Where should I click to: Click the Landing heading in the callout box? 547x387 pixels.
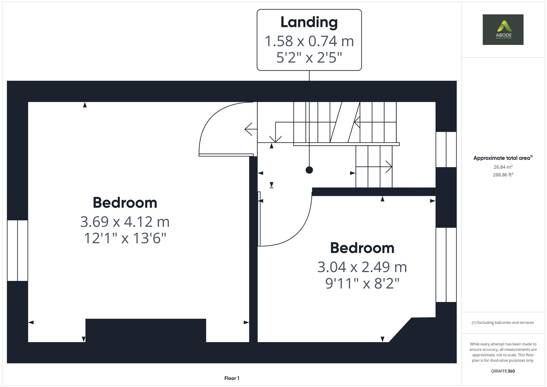309,22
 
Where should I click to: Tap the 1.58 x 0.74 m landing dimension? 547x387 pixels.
309,41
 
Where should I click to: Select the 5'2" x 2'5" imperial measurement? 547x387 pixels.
309,58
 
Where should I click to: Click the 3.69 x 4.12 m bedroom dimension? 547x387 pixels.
125,221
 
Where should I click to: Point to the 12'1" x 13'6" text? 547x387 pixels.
125,238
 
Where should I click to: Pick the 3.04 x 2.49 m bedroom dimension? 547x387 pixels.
362,267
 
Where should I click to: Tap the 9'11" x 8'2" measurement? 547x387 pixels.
362,283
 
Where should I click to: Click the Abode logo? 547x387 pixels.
503,29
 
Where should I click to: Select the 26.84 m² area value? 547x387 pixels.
503,167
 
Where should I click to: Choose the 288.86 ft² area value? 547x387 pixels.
503,175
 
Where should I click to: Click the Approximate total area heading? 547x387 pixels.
503,158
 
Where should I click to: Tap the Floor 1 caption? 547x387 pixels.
232,378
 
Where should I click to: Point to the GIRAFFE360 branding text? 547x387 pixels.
503,371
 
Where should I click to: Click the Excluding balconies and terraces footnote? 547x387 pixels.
503,322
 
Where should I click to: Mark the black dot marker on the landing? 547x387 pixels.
309,170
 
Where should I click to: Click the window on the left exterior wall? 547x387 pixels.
17,250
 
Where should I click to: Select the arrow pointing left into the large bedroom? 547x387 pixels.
251,129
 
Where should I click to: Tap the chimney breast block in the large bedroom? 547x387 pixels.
145,330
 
